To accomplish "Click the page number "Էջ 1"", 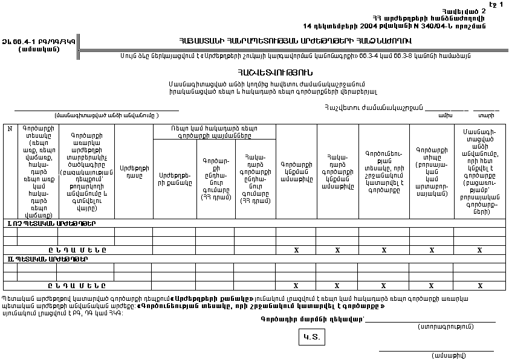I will (x=496, y=5).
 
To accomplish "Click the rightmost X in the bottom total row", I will (x=479, y=286).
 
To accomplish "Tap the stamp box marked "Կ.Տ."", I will (x=312, y=337).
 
